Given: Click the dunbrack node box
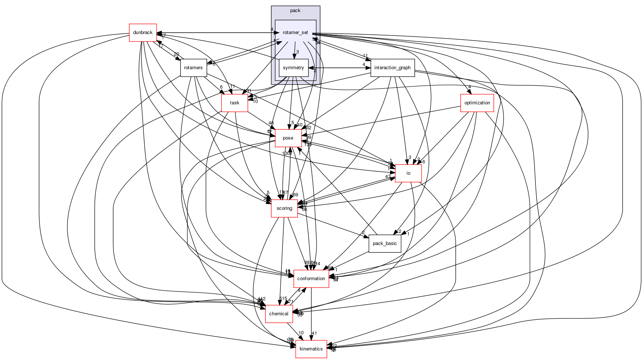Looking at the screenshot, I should coord(143,33).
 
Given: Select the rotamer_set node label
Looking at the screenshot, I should coord(295,33).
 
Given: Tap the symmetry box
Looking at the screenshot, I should coord(294,68).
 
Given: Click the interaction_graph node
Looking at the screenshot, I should coord(392,68).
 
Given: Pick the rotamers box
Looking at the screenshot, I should coord(193,68).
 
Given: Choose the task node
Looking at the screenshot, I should coord(235,103).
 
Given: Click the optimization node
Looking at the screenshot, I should coord(477,103).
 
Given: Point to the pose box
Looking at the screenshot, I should coord(288,138).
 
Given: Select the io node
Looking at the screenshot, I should coord(408,173).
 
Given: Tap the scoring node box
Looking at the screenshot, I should coord(284,208).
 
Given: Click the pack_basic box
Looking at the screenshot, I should coord(385,244).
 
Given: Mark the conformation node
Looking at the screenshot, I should coord(311,279).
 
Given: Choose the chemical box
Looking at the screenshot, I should coord(279,314).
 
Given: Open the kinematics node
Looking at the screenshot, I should coord(311,349).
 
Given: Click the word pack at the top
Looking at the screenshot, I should coord(295,11).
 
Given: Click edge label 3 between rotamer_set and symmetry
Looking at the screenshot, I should coord(298,52).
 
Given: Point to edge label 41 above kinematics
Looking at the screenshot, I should coord(314,333).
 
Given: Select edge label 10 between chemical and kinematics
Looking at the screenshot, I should coord(301,333).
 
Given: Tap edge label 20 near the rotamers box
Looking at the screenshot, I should coord(176,55).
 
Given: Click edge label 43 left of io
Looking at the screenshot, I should coord(388,177).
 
